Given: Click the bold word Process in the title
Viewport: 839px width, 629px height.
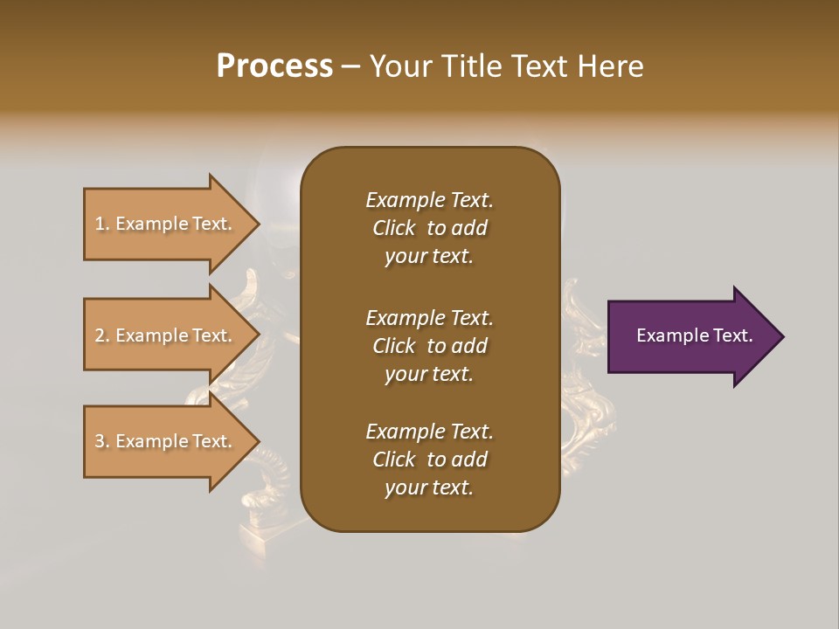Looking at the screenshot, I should pos(274,66).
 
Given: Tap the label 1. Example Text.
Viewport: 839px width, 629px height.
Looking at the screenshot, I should pos(163,224).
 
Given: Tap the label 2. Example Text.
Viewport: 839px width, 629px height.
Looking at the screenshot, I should pos(163,335).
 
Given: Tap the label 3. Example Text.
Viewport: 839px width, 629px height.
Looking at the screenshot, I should pos(163,441).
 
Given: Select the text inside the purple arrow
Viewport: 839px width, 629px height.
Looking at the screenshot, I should pos(694,335).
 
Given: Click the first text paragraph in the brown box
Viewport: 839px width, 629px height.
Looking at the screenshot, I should pos(429,228).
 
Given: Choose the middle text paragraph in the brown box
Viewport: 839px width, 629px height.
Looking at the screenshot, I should pos(429,346).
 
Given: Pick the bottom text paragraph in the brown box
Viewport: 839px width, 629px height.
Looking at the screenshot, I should pos(429,460).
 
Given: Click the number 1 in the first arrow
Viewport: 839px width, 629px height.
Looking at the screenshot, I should pos(100,224).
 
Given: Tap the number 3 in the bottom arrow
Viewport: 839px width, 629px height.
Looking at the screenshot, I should pos(100,441).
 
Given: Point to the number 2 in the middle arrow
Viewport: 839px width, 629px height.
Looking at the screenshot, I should pos(100,335).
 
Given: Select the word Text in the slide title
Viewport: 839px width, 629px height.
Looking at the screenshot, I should pos(537,66).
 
